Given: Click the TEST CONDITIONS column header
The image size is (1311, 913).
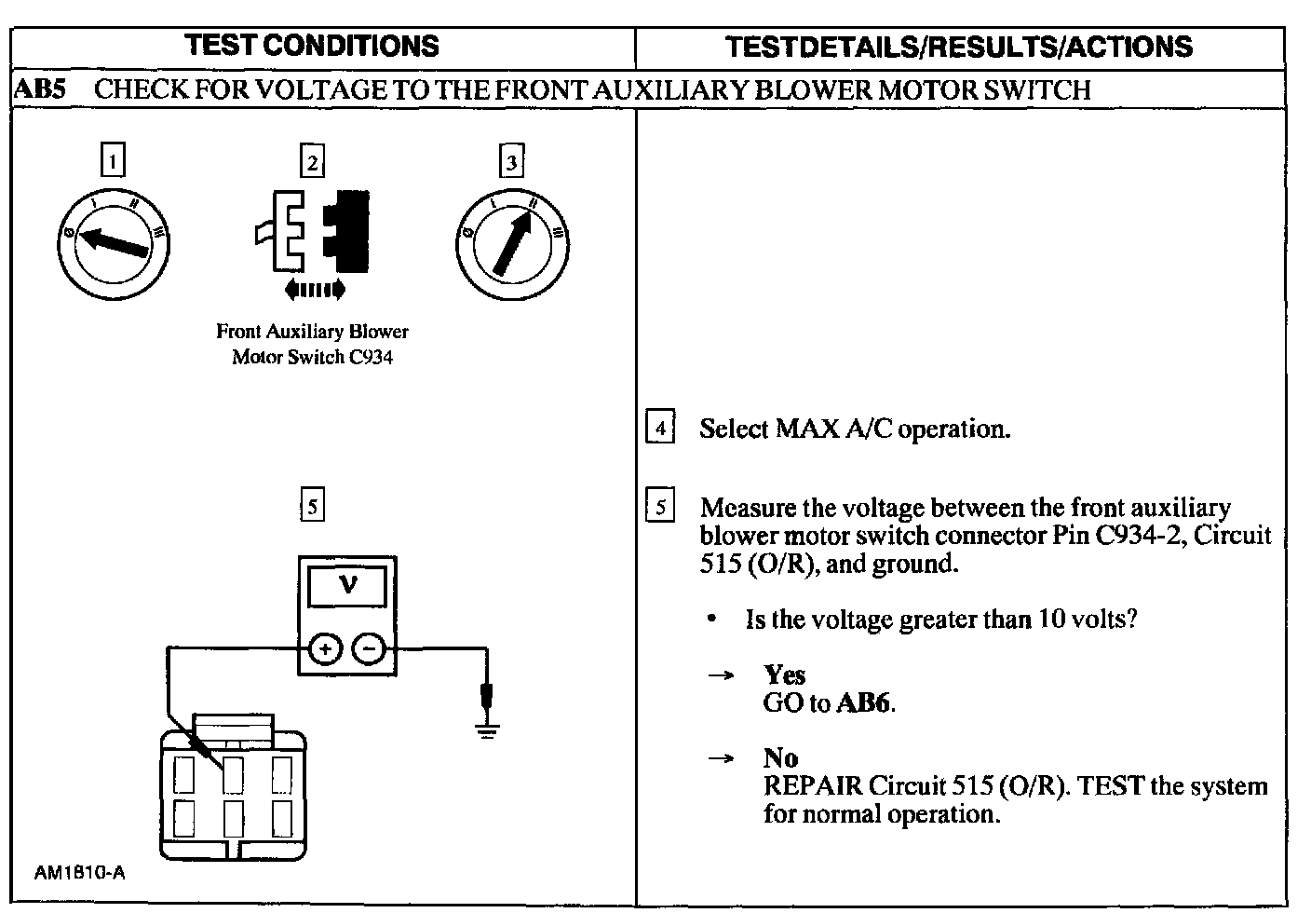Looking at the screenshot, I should click(312, 46).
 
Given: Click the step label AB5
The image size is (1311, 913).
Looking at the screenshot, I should click(38, 89).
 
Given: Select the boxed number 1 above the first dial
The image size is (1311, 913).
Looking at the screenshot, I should click(112, 161).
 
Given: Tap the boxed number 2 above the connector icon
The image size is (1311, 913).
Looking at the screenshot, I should click(312, 161).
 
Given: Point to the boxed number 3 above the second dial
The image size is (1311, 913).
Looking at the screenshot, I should click(511, 161).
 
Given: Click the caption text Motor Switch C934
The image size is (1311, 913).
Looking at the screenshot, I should click(312, 358).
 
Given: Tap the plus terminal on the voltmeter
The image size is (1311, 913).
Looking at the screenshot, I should click(324, 649).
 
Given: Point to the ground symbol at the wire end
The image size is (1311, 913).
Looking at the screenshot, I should click(485, 729).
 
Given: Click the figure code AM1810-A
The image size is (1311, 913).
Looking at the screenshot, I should click(79, 874).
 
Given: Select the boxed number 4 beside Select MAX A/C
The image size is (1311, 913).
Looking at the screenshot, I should click(659, 429).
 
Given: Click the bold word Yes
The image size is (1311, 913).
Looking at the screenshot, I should click(784, 675).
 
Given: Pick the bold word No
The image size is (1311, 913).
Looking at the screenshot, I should click(780, 757).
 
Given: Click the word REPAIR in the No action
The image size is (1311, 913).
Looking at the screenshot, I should click(812, 785).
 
